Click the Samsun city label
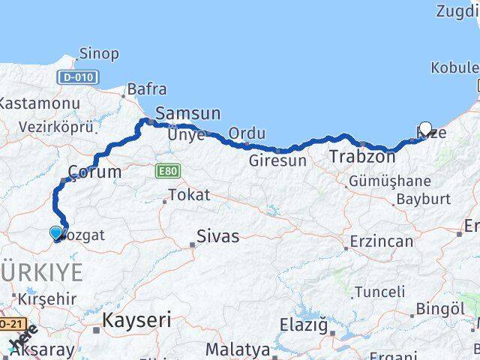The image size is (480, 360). click(187, 114)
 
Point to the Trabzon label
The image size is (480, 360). click(362, 157)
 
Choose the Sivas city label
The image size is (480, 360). click(217, 236)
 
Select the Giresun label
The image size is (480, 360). click(278, 160)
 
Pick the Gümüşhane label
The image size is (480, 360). click(388, 181)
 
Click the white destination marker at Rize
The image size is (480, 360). click(426, 129)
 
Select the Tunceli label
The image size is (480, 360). click(379, 292)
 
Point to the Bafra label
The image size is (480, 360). click(147, 90)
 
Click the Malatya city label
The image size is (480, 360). click(237, 349)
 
